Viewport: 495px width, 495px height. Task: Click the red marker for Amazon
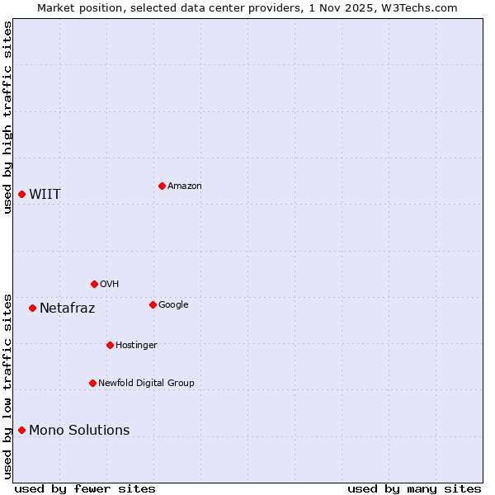[x=162, y=186]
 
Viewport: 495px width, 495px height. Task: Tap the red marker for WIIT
[x=22, y=194]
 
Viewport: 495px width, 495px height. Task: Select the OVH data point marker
[x=94, y=284]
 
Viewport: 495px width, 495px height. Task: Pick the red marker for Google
[x=153, y=304]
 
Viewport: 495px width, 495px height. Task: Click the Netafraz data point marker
[x=32, y=308]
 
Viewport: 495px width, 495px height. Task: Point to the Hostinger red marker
[x=110, y=345]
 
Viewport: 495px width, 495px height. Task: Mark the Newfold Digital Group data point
[x=92, y=383]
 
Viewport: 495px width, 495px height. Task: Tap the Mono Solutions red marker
[x=22, y=430]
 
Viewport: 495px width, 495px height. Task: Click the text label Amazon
[x=185, y=186]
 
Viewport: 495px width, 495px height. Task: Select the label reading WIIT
[x=45, y=195]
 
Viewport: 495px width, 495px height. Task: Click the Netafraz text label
[x=67, y=309]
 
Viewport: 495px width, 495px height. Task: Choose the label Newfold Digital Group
[x=146, y=383]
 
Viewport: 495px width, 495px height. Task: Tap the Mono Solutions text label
[x=79, y=430]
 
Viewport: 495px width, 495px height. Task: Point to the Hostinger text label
[x=136, y=345]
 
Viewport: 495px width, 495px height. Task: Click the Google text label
[x=173, y=305]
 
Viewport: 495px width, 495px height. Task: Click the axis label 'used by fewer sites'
[x=85, y=488]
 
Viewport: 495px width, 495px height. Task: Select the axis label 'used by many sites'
[x=414, y=488]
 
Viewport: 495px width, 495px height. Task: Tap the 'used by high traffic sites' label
[x=7, y=117]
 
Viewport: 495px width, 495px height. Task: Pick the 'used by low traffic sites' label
[x=7, y=386]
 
